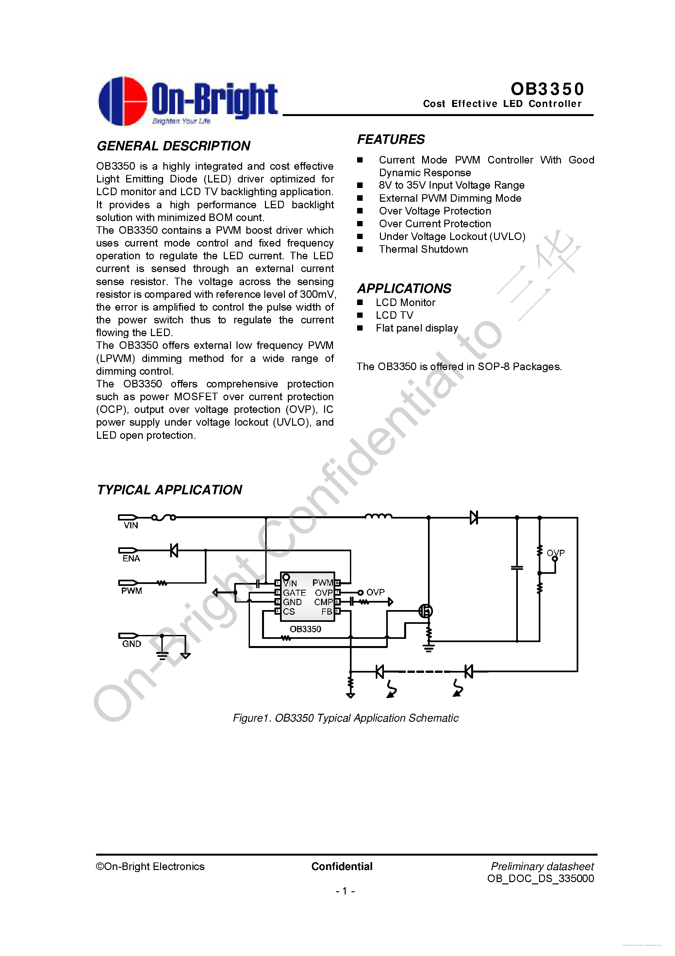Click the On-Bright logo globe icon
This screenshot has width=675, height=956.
tap(123, 101)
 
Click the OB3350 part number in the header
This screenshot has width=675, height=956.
tap(547, 89)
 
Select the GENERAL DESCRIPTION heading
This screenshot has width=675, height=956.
tap(173, 146)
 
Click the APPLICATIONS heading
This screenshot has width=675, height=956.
tap(404, 288)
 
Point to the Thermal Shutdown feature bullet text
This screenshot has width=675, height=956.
tap(423, 249)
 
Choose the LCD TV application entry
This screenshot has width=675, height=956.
tap(395, 315)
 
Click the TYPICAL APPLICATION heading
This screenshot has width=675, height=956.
tap(169, 490)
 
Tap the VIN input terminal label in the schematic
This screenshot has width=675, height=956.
tap(131, 525)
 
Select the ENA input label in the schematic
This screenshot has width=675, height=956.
tap(131, 558)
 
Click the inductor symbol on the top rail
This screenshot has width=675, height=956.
tap(378, 516)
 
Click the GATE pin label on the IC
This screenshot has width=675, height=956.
tap(294, 592)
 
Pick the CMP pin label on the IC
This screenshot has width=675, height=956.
tap(323, 602)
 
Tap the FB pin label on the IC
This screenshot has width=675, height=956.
tap(327, 612)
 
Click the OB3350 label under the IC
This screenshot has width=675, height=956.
tap(305, 629)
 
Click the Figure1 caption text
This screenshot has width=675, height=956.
tap(345, 718)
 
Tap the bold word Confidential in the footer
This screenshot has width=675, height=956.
tap(342, 866)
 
